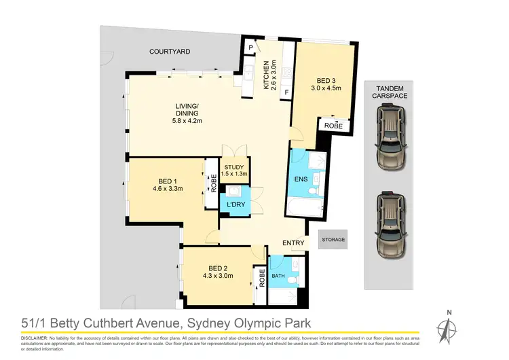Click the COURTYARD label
tap(170, 51)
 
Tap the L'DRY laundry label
tap(235, 204)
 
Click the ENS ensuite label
tap(301, 180)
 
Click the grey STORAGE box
tap(333, 240)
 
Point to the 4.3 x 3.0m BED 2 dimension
tap(217, 276)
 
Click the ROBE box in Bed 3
tap(334, 126)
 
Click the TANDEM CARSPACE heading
tap(390, 92)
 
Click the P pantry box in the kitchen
tap(250, 47)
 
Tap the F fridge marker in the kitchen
tap(286, 91)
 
